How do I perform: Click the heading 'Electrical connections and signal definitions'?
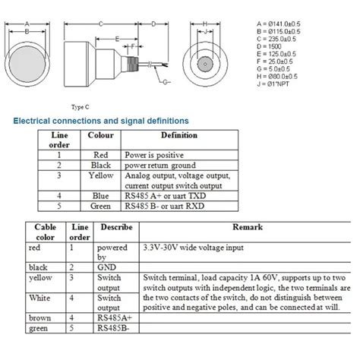point(101,120)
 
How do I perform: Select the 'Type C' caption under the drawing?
point(81,107)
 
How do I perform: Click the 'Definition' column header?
point(179,136)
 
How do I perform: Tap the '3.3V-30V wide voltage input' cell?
point(188,247)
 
